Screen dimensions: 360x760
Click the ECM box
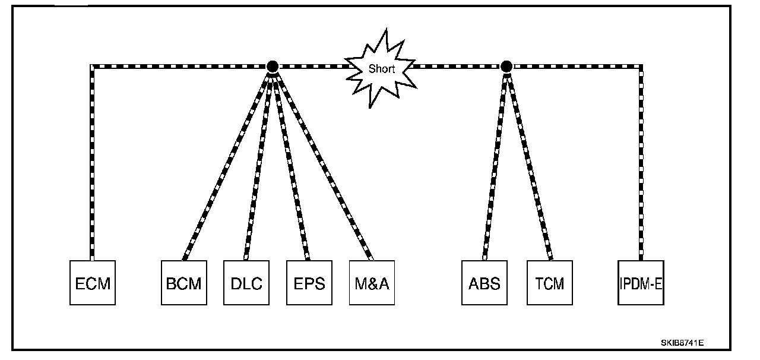click(x=93, y=283)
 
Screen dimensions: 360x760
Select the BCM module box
click(x=184, y=283)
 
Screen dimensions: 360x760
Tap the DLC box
click(x=246, y=283)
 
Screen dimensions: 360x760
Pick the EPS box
click(x=309, y=283)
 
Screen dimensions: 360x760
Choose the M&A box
click(x=372, y=283)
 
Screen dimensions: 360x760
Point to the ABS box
click(x=484, y=283)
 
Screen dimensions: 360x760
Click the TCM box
click(x=550, y=283)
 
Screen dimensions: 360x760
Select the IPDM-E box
click(x=641, y=283)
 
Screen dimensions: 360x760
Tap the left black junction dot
click(x=273, y=66)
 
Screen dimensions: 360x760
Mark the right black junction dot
click(x=506, y=66)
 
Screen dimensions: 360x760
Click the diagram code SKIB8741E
click(x=683, y=343)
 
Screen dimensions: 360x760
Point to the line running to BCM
click(x=228, y=163)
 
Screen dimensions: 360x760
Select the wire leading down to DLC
click(x=259, y=163)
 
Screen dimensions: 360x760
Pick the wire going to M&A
click(x=322, y=163)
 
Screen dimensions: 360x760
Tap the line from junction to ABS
click(x=495, y=163)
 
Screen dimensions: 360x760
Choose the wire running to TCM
click(x=528, y=163)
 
